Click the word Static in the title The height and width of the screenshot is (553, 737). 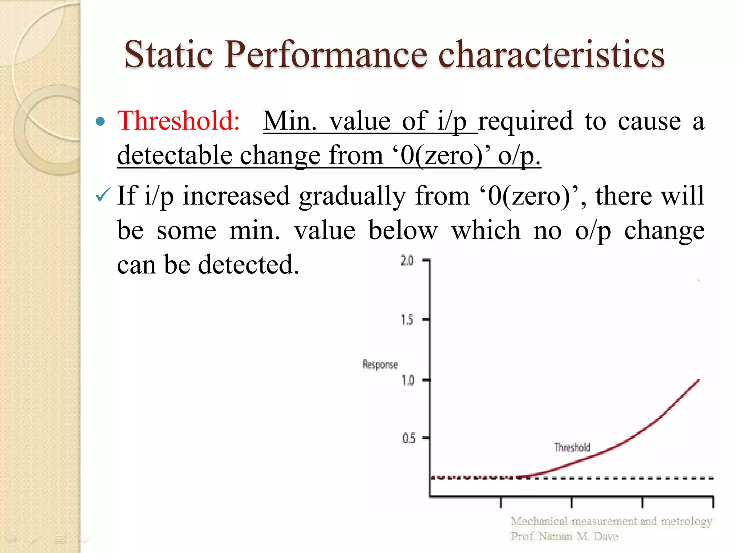[168, 54]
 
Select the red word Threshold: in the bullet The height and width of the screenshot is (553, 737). [178, 121]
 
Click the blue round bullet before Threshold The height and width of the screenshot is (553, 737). [101, 122]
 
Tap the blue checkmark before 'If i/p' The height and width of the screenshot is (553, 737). [103, 195]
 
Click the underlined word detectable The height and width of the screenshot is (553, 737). [175, 156]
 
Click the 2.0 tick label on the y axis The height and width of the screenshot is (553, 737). [407, 261]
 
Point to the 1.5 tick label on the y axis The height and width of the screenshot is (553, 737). [407, 320]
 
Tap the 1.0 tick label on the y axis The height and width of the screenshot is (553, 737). [408, 380]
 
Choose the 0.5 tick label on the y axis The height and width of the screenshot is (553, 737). [408, 439]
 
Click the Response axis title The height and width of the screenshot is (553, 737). [380, 364]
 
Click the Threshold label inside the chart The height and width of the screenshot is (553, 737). [572, 447]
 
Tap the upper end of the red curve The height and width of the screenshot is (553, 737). [698, 381]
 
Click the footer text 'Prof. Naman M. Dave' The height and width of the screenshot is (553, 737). [564, 536]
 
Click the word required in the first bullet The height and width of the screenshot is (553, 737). [525, 121]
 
